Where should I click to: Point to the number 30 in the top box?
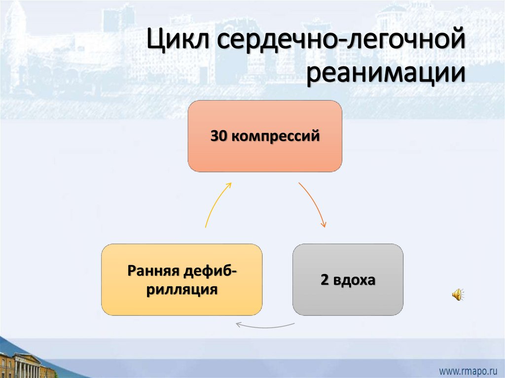[219, 136]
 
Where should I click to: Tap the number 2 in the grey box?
[324, 280]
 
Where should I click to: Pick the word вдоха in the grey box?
[355, 280]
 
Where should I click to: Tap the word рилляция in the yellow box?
[182, 289]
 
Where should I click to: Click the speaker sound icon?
[457, 295]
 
